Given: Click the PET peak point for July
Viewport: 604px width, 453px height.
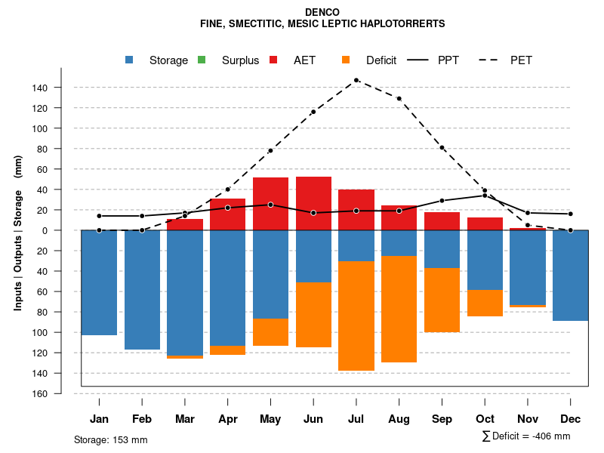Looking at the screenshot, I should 356,80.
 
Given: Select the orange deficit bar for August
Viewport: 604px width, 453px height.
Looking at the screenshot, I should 399,310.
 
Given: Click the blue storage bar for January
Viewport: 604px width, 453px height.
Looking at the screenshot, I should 99,282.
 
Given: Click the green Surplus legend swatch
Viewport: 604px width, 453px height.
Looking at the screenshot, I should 202,60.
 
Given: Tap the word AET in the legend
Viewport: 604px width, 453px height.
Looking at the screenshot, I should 305,60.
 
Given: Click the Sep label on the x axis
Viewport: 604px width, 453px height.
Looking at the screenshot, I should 442,419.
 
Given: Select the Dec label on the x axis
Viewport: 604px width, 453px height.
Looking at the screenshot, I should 570,419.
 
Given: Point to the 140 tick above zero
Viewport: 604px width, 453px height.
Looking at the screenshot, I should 40,88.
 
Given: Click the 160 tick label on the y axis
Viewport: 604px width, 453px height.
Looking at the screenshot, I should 40,393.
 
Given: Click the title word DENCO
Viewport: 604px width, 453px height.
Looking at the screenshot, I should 322,13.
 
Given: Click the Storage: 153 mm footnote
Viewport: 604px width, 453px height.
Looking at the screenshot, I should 110,439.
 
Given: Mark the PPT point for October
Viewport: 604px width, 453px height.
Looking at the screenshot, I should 485,196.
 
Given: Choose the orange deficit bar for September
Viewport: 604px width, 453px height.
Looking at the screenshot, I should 442,300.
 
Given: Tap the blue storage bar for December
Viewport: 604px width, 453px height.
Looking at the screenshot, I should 570,276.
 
